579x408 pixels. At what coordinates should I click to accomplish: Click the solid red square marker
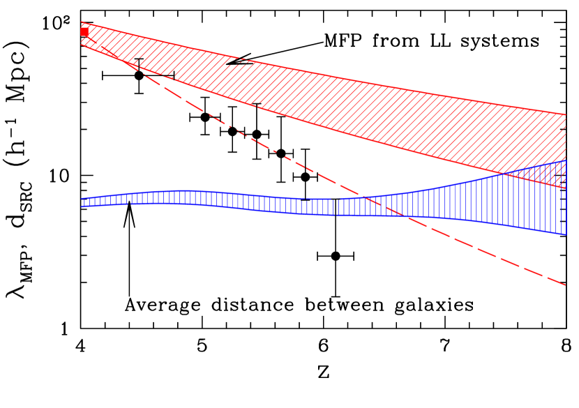pos(84,31)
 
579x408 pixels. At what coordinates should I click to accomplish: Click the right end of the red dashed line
pos(565,285)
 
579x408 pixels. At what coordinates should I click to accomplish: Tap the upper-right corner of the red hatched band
pos(565,114)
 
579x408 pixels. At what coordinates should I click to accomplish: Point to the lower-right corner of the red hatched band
pos(565,188)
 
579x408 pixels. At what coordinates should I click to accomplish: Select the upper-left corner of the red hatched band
pos(82,22)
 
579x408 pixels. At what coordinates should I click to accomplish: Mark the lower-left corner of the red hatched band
pos(82,45)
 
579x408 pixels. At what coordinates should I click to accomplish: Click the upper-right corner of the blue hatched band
pos(565,161)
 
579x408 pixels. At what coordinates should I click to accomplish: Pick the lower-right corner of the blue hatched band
pos(565,234)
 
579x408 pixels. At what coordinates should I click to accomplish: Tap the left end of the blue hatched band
pos(82,202)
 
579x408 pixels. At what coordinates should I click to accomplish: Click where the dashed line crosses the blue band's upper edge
pos(363,197)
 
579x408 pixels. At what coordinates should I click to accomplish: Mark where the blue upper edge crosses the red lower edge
pos(504,174)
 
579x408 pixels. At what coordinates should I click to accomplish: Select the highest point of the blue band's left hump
pos(183,190)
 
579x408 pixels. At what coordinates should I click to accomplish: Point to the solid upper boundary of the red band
pos(314,73)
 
